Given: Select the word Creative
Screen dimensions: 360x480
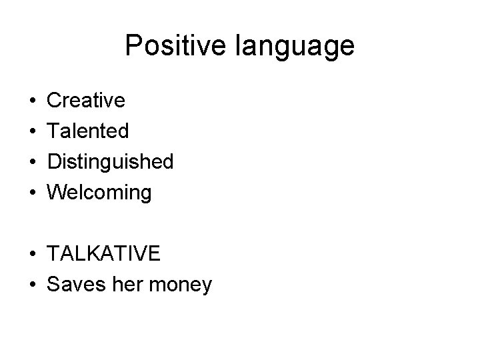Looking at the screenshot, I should (x=86, y=101).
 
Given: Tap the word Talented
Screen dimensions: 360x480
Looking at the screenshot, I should (x=88, y=131).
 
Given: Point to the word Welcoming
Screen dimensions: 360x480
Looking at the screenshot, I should (x=99, y=193).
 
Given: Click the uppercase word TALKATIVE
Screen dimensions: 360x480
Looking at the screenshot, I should (x=103, y=254).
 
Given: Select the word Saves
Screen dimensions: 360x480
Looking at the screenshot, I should (x=71, y=285).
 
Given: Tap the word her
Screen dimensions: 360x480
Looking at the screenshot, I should (x=118, y=285).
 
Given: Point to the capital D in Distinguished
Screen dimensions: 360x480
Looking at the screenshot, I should (x=54, y=162).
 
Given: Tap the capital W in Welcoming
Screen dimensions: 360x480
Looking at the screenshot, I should (x=57, y=193).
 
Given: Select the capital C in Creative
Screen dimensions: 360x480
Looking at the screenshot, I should (x=54, y=101).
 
